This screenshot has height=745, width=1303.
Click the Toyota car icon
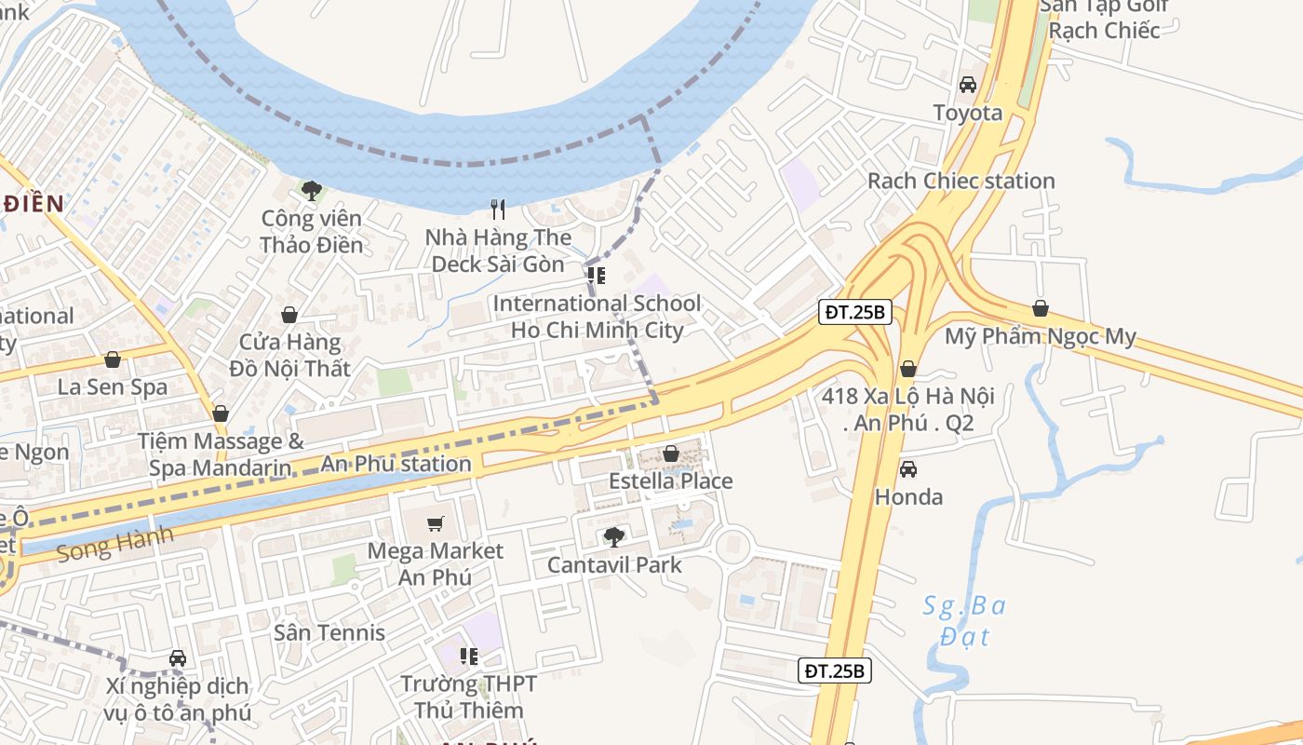click(968, 85)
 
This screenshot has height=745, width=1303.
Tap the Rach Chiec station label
click(960, 181)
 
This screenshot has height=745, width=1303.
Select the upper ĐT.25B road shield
click(855, 312)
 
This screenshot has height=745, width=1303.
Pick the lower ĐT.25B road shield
click(836, 670)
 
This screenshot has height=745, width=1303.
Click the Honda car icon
click(908, 469)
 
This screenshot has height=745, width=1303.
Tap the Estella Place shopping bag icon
click(670, 454)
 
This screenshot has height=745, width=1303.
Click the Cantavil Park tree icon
click(613, 536)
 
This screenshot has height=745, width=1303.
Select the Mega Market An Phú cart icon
click(435, 523)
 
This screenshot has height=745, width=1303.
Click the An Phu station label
click(396, 464)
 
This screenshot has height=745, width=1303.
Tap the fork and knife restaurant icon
click(498, 209)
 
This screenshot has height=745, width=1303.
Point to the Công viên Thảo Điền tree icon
click(311, 191)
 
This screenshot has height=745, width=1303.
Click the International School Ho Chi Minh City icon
click(597, 276)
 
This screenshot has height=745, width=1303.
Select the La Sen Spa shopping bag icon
click(113, 359)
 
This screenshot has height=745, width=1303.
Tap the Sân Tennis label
click(329, 632)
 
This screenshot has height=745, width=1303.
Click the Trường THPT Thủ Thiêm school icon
click(469, 657)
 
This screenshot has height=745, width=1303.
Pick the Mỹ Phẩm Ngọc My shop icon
click(1041, 308)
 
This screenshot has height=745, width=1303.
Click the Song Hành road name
click(114, 544)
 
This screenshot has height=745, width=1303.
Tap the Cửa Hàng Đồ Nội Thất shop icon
click(289, 315)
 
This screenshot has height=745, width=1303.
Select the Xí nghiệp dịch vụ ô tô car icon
click(178, 658)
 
